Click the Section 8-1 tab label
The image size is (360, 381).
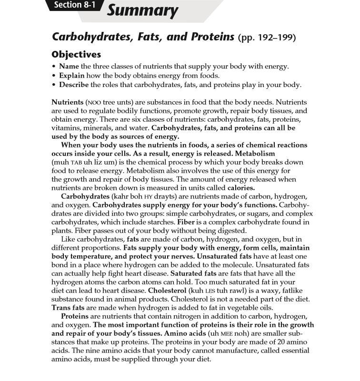point(74,5)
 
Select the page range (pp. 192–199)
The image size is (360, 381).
point(267,38)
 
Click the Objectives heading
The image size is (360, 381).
point(76,55)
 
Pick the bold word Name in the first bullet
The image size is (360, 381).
point(69,67)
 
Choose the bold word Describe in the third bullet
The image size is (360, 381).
point(74,85)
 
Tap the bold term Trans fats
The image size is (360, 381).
point(68,308)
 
